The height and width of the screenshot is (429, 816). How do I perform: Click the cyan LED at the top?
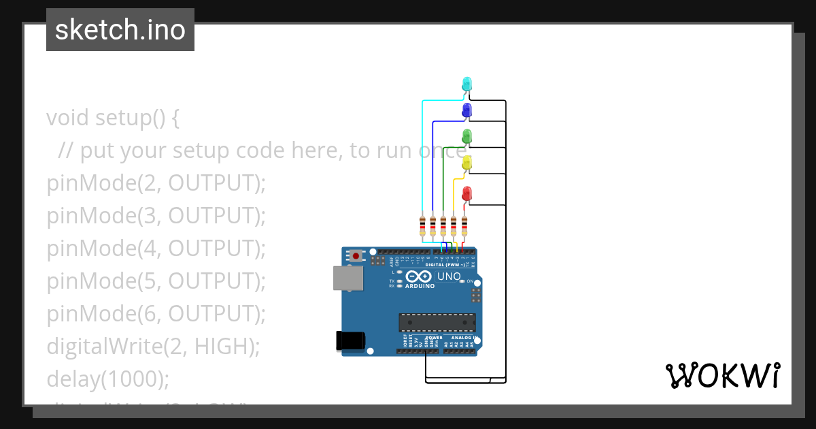(x=466, y=84)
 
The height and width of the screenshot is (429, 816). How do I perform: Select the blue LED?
(x=466, y=110)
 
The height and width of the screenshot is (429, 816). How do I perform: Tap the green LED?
(x=466, y=136)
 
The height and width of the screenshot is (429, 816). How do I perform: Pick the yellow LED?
(x=466, y=163)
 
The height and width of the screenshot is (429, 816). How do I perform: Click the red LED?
(x=466, y=193)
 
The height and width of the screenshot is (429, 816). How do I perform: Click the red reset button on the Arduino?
(x=355, y=256)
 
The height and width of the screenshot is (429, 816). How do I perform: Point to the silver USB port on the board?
(x=347, y=279)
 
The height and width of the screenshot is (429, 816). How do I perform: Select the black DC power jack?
(x=351, y=340)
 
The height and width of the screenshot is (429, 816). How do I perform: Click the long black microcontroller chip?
(x=437, y=322)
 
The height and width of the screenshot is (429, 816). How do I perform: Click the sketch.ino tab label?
(x=120, y=30)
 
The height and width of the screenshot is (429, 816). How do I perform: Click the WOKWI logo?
(x=722, y=376)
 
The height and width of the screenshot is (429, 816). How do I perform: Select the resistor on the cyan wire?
(x=422, y=225)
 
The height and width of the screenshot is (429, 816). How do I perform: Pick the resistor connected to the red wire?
(x=464, y=225)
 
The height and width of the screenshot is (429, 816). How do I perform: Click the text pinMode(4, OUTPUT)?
(x=156, y=249)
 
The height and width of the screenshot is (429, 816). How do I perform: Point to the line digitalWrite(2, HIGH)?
(x=153, y=347)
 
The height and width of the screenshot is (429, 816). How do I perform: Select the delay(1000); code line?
(x=107, y=379)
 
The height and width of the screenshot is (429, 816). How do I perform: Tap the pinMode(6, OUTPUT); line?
(x=156, y=314)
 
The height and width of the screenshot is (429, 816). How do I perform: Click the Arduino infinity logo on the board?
(x=420, y=276)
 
